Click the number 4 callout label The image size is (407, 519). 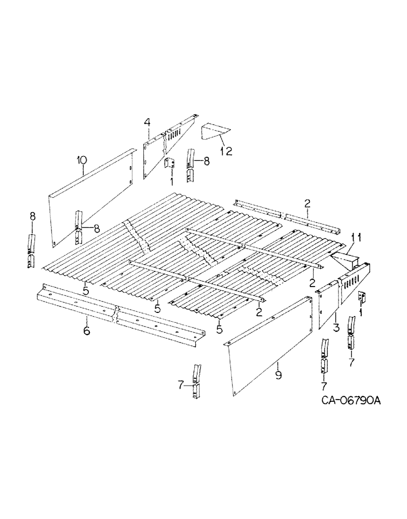coord(147,122)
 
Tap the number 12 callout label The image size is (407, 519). coord(226,151)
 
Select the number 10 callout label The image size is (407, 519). coord(81,159)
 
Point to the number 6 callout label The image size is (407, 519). coord(87,330)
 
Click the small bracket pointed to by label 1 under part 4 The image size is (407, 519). coord(168,164)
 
